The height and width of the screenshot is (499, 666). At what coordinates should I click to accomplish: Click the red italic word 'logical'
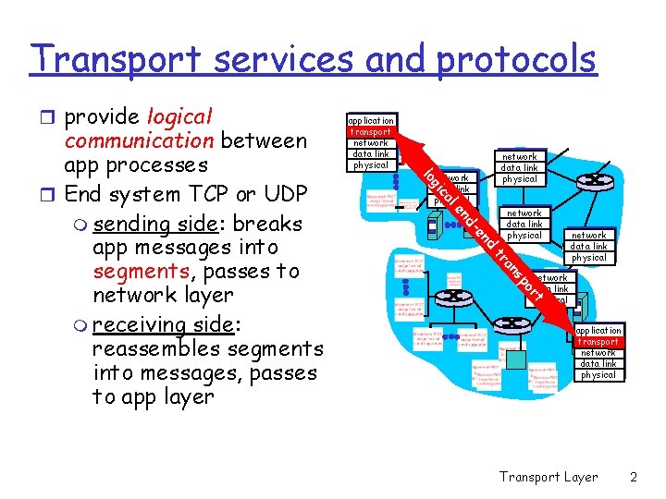click(x=179, y=117)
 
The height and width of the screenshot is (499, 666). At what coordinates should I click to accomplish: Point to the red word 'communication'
click(x=139, y=141)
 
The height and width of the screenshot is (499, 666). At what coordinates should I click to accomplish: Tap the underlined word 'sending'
click(x=138, y=225)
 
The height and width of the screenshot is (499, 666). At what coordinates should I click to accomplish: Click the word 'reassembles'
click(x=165, y=348)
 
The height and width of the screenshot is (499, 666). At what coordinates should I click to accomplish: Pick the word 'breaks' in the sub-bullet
click(x=271, y=225)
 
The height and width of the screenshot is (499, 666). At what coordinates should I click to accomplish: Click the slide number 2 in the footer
click(x=633, y=477)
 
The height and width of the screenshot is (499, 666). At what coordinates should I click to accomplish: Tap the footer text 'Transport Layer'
click(x=548, y=477)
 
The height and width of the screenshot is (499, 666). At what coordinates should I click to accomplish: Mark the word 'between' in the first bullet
click(x=264, y=141)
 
